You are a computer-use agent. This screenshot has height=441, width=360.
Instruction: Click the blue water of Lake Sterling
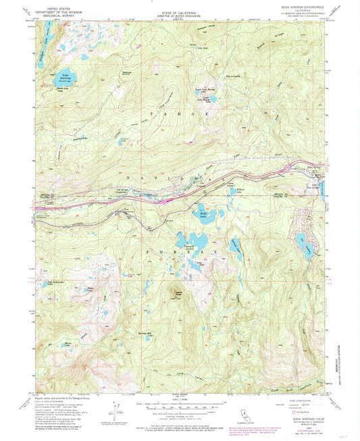[68, 80]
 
